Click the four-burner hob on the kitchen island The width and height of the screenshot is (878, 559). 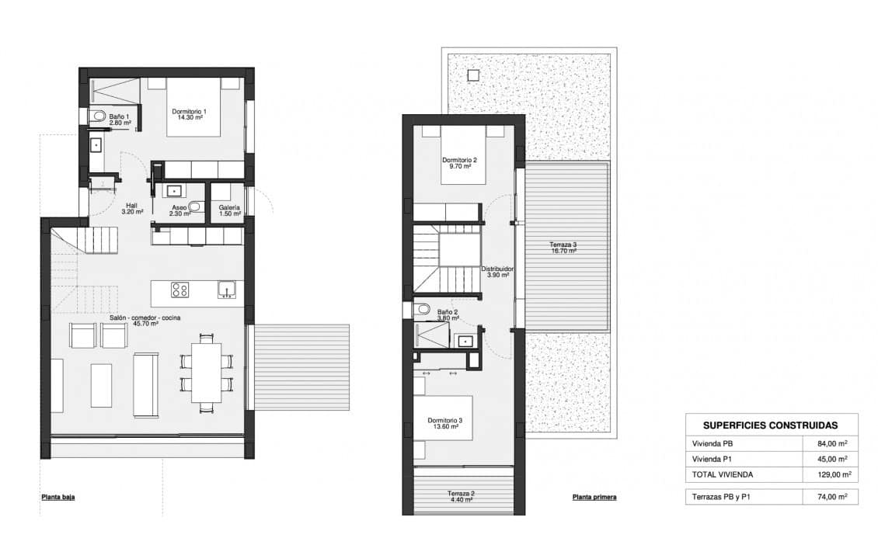pyautogui.click(x=180, y=290)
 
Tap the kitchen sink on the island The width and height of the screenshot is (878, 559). pyautogui.click(x=227, y=290)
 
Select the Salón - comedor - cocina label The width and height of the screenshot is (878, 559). pyautogui.click(x=134, y=321)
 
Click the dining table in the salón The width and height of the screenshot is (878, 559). pyautogui.click(x=206, y=373)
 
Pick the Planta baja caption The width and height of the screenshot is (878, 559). pyautogui.click(x=58, y=497)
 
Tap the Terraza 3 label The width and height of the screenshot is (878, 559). pyautogui.click(x=563, y=248)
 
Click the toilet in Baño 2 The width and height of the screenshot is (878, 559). pyautogui.click(x=423, y=310)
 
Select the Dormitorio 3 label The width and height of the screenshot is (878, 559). pyautogui.click(x=445, y=424)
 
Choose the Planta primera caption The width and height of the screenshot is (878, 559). pyautogui.click(x=594, y=497)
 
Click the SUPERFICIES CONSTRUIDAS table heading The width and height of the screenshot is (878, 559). pyautogui.click(x=769, y=425)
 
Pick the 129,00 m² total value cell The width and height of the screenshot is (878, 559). pyautogui.click(x=831, y=474)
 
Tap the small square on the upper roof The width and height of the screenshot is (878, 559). pyautogui.click(x=472, y=75)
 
